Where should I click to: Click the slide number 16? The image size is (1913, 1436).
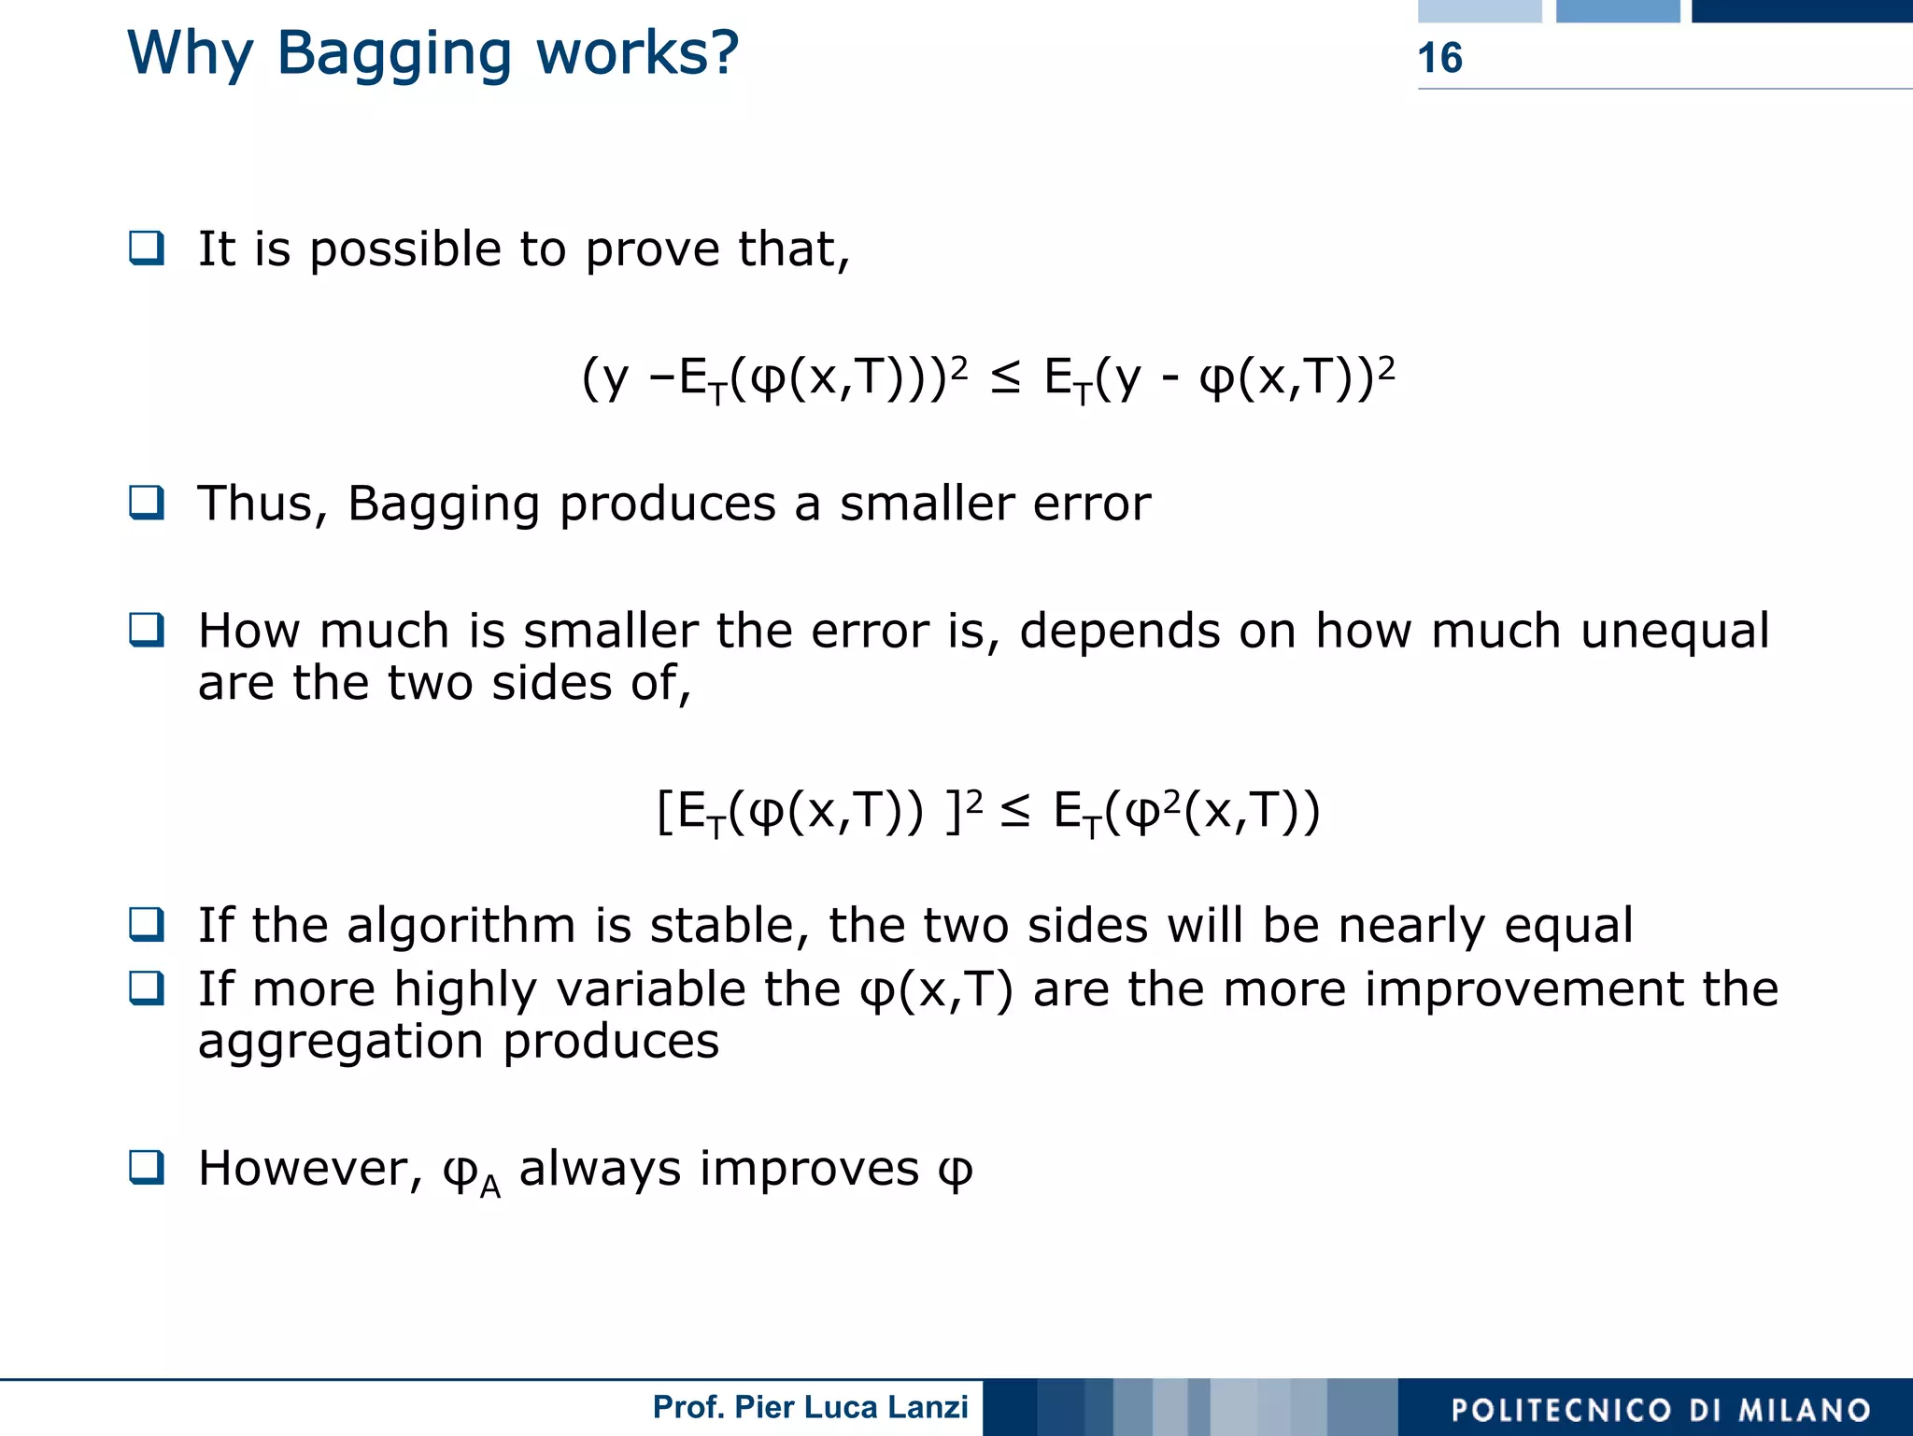pos(1439,58)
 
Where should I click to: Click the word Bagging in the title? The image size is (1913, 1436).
pos(394,54)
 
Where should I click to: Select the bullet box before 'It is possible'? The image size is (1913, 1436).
pos(147,248)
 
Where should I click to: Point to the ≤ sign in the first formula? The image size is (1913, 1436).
pos(1005,377)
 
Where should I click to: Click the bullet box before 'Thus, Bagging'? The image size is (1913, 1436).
pos(147,503)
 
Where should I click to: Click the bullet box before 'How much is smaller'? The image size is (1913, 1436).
pos(147,630)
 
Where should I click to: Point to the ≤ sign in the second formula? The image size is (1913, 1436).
pos(1015,810)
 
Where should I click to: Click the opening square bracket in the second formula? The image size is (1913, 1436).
pos(664,811)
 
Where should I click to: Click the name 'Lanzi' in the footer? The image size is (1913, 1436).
pos(930,1406)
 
